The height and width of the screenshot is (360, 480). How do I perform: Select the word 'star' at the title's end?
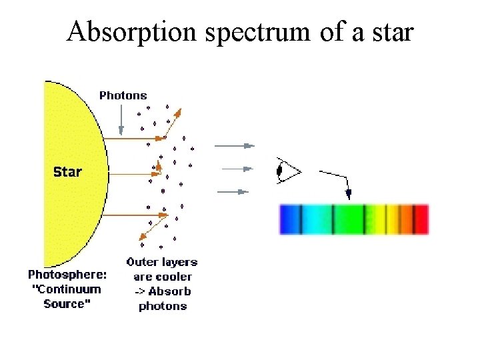click(x=391, y=31)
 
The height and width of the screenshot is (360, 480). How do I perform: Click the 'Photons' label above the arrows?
click(x=123, y=95)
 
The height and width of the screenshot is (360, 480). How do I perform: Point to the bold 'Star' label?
click(x=67, y=172)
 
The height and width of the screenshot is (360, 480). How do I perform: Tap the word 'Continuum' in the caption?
click(x=73, y=289)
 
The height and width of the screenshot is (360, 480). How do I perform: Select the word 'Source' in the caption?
click(x=65, y=304)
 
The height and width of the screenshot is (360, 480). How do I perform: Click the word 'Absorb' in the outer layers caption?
click(x=169, y=291)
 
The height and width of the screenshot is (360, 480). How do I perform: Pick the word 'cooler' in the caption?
click(x=172, y=277)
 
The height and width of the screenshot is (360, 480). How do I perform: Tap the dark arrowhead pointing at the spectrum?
click(x=348, y=193)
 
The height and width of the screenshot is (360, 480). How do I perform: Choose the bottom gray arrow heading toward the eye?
click(x=233, y=192)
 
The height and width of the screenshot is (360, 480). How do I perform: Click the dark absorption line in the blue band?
click(x=301, y=219)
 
